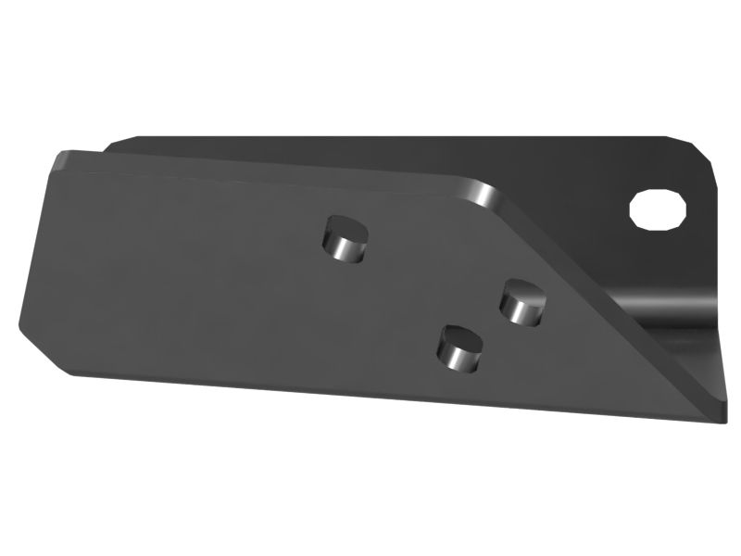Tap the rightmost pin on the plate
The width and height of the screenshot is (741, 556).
coord(521,302)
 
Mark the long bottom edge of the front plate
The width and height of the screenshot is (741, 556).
coord(370,389)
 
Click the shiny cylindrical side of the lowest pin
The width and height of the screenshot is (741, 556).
coord(458,359)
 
